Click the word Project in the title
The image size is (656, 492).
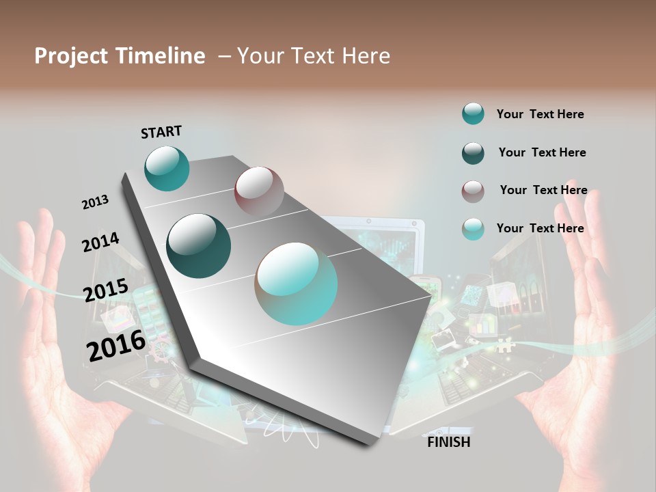tap(68, 57)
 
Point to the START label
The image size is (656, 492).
tap(161, 132)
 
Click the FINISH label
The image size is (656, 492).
tap(449, 442)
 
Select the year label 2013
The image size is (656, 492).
tap(95, 202)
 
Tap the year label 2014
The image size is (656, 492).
tap(100, 242)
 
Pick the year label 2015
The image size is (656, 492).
tap(106, 290)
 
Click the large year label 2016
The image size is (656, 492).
tap(116, 346)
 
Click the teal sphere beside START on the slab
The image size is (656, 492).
tap(167, 168)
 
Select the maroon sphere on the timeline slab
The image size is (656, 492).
tap(259, 191)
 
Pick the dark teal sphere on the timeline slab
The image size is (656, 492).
tap(199, 246)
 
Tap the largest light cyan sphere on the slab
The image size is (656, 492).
tap(297, 284)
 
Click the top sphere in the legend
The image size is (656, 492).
tap(473, 114)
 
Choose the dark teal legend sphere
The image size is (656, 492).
tap(473, 153)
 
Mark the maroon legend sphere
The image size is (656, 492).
tap(473, 191)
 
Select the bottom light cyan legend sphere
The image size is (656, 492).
tap(473, 229)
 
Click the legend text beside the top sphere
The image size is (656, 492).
tap(540, 114)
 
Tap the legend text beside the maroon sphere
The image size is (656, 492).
tap(543, 190)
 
